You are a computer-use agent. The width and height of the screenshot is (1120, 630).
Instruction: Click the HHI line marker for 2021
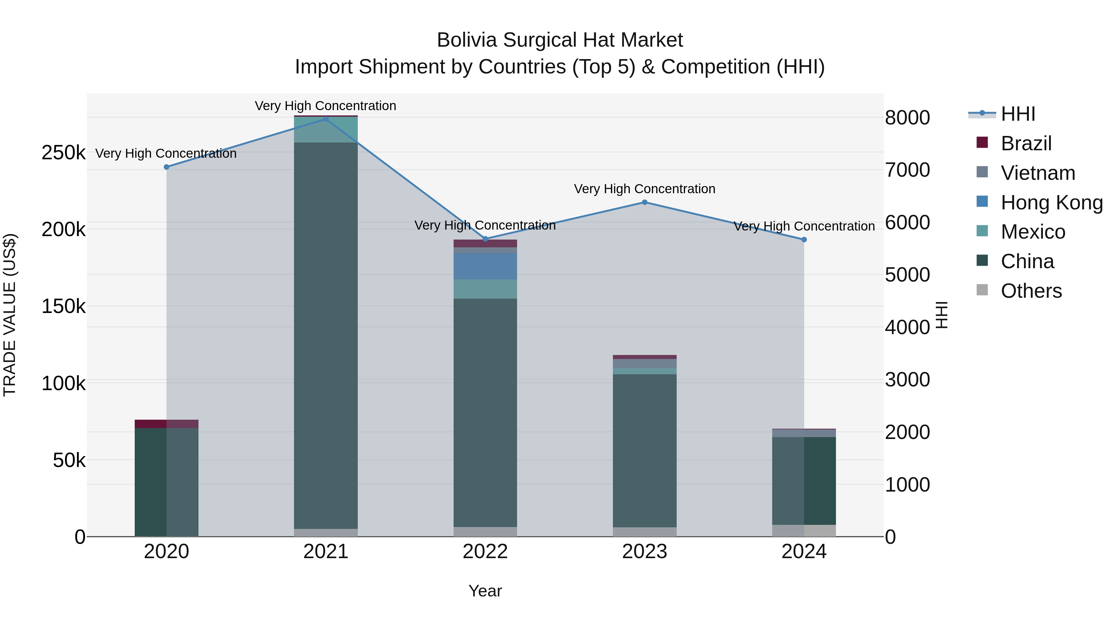point(326,119)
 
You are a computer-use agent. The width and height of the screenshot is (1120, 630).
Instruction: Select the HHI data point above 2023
point(644,202)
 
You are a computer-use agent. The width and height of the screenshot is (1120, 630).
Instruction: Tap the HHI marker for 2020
point(166,167)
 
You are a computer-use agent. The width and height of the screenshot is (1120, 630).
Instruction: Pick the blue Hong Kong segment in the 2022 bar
point(485,266)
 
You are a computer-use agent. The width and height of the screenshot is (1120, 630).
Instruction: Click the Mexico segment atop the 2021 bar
point(326,129)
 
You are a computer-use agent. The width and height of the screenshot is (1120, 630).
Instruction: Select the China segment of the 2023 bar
point(644,450)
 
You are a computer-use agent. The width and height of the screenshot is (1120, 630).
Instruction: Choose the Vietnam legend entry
point(1037,173)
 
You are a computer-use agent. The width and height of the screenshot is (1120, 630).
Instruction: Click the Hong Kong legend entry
point(1051,203)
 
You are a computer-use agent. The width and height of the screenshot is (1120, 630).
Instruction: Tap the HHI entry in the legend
point(1017,114)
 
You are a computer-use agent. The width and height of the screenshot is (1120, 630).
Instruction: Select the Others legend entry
point(1030,291)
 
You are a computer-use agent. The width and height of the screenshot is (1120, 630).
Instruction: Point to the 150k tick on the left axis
point(63,306)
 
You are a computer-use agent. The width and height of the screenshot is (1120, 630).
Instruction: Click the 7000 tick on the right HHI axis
point(908,170)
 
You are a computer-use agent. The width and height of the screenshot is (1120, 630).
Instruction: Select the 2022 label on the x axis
point(485,552)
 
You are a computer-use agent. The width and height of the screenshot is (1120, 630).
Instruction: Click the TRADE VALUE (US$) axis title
point(10,315)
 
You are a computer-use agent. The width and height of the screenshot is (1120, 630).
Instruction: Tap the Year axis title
point(485,591)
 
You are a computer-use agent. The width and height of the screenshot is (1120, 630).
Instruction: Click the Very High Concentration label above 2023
point(644,189)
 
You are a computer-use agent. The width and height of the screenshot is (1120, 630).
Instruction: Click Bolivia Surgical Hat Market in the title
point(560,40)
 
